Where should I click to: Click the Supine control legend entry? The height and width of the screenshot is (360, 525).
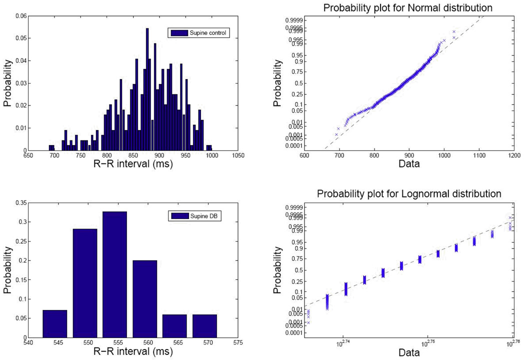pyautogui.click(x=198, y=33)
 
